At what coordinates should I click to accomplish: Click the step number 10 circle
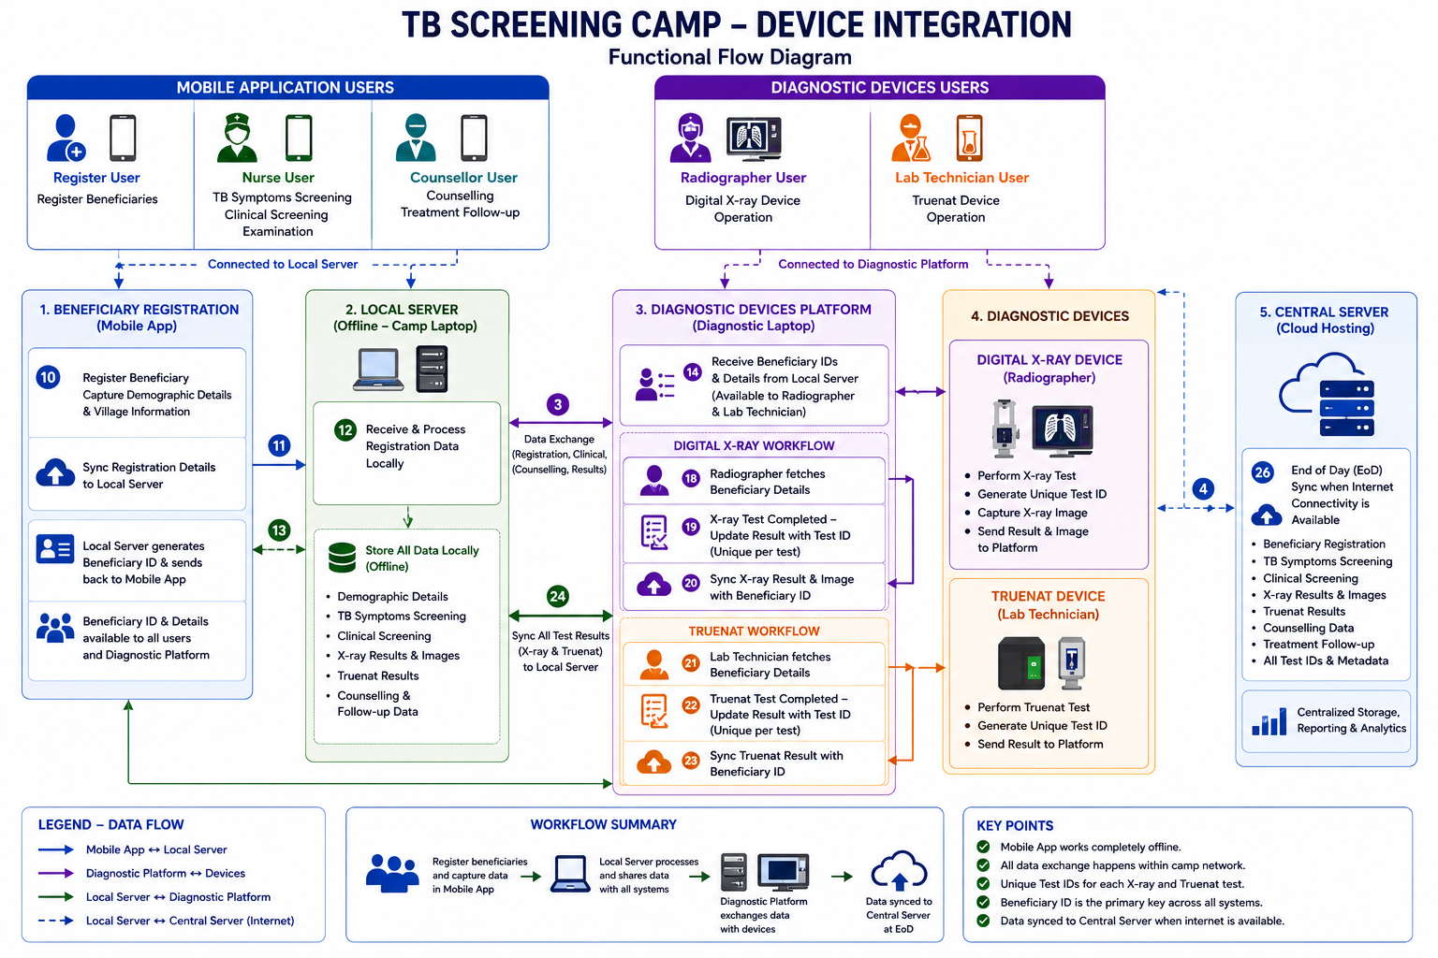(x=48, y=377)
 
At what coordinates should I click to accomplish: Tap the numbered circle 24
(x=557, y=596)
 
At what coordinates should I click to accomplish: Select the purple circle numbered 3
(x=558, y=404)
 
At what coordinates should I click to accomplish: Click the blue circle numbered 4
(x=1203, y=489)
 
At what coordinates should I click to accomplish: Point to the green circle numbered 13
(x=279, y=530)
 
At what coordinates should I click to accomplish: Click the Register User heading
(x=96, y=177)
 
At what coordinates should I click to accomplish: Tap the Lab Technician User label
(x=961, y=177)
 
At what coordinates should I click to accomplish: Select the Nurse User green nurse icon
(x=237, y=137)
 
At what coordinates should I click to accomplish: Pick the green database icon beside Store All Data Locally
(x=342, y=558)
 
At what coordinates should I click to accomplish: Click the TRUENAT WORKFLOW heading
(x=754, y=631)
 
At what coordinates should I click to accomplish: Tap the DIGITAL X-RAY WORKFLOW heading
(x=754, y=445)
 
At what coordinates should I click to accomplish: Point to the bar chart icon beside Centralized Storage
(x=1269, y=721)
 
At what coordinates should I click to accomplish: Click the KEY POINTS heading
(x=1015, y=826)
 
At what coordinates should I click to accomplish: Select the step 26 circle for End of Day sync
(x=1262, y=472)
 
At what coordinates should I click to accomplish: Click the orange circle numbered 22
(x=691, y=705)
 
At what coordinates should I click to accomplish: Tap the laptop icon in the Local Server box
(x=378, y=370)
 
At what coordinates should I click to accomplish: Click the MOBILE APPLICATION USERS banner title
(x=285, y=87)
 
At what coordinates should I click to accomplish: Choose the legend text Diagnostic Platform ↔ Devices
(x=166, y=873)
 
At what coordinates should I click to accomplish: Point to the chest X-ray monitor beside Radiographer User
(x=754, y=138)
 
